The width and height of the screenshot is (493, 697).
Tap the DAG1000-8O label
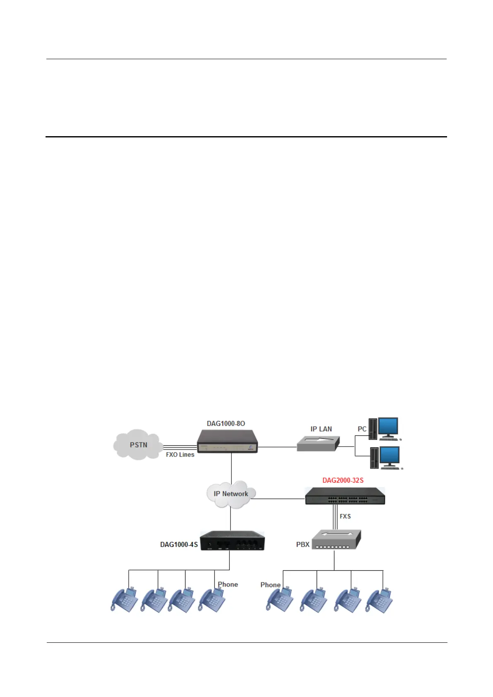coord(226,423)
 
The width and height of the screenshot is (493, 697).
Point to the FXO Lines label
coord(180,454)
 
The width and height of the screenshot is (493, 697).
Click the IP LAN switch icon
coord(318,443)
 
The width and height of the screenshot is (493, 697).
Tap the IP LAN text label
coord(321,429)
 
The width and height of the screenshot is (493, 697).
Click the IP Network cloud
coord(231,494)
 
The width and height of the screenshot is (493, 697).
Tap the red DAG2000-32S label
coord(343,481)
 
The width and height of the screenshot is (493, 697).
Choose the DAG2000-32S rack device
coord(345,496)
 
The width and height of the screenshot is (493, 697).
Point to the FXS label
coord(345,516)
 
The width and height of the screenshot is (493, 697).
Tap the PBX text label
coord(303,544)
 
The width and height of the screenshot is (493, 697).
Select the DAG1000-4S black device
coord(232,541)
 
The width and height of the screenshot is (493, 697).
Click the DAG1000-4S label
coord(179,544)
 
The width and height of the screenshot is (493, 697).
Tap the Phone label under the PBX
coord(270,585)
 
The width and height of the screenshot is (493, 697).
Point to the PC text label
coord(362,429)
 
